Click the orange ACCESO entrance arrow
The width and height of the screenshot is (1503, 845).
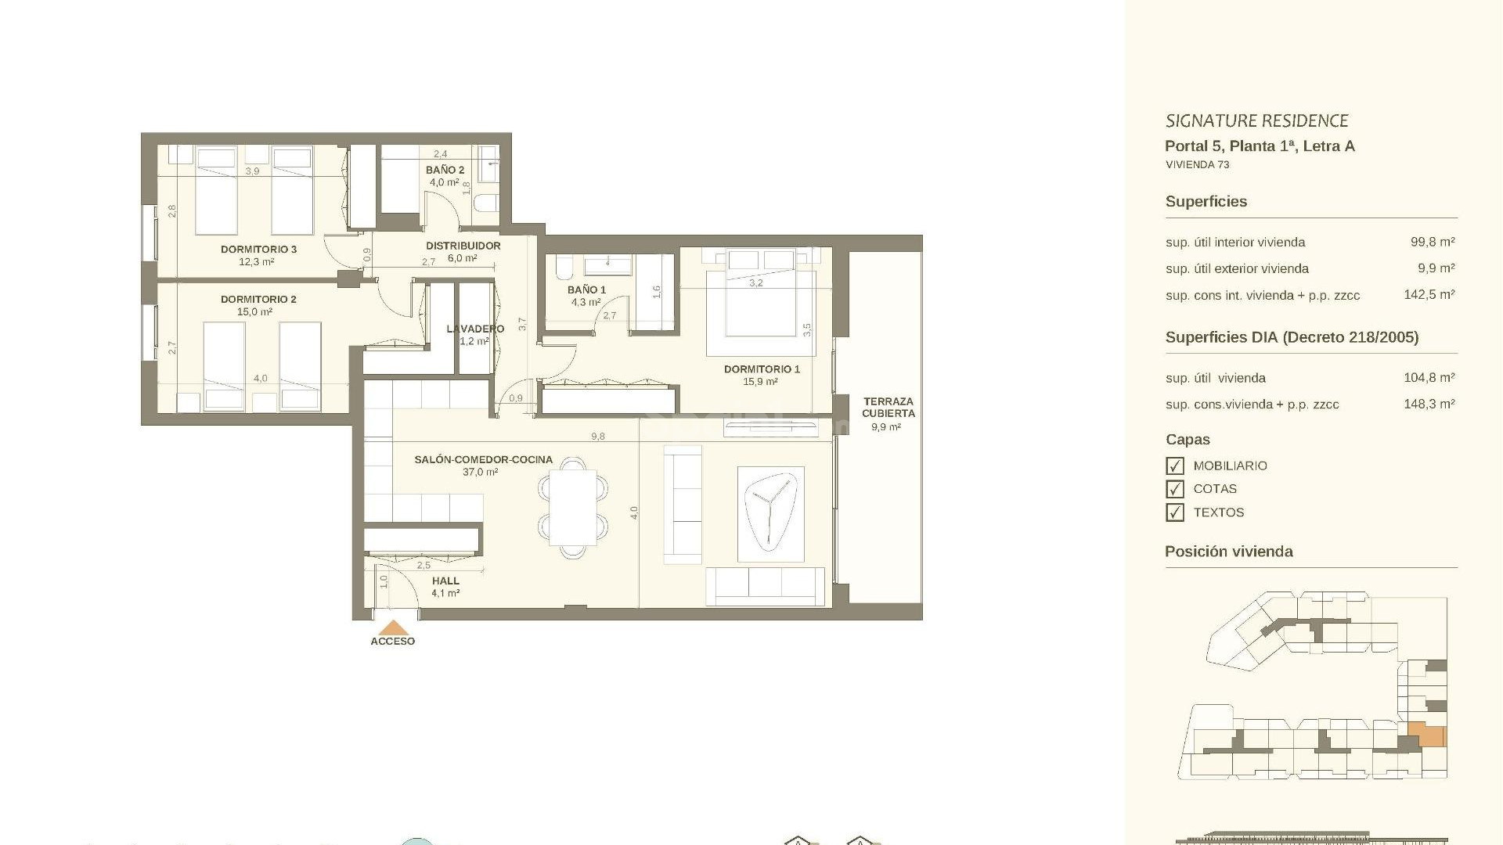coord(393,627)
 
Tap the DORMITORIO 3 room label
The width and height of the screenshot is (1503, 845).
coord(258,250)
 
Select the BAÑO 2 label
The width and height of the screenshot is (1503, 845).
coord(445,170)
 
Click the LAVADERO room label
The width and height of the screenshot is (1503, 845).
coord(475,329)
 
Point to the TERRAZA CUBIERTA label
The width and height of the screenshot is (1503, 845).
coord(888,407)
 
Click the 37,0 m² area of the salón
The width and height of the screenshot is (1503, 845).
coord(480,473)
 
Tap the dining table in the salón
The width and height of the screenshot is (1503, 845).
coord(572,507)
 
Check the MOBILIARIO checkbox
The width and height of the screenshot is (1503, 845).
coord(1174,466)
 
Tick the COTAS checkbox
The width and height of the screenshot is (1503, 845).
coord(1174,490)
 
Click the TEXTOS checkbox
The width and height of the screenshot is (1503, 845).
coord(1174,513)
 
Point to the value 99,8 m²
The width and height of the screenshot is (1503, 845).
coord(1432,243)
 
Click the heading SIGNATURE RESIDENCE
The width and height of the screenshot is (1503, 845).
coord(1256,121)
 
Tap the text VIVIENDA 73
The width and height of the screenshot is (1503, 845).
coord(1197,165)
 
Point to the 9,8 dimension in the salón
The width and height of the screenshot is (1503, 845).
coord(597,437)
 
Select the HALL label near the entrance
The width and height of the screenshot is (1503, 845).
coord(445,581)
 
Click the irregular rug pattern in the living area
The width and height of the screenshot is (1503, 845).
coord(770,513)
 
